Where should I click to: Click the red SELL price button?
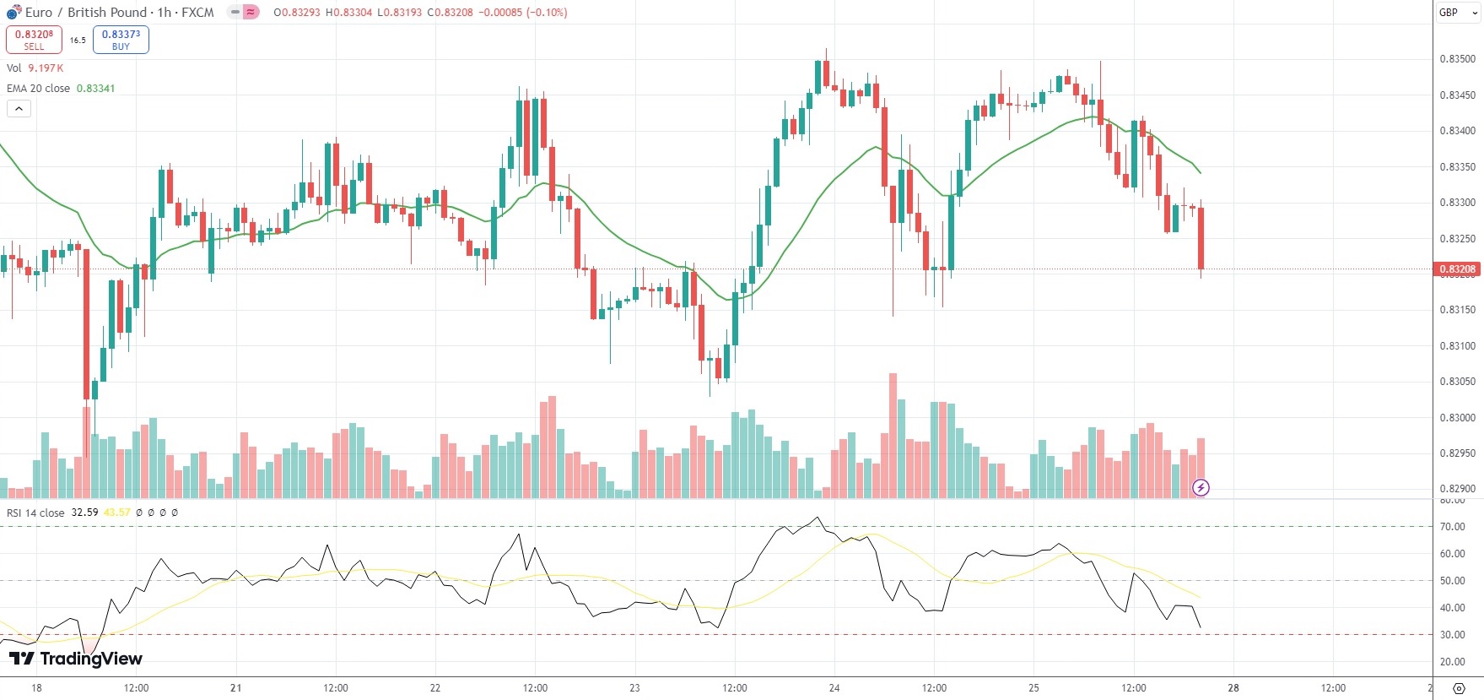click(x=34, y=40)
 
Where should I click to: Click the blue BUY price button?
click(x=121, y=40)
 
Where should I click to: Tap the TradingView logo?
click(x=76, y=659)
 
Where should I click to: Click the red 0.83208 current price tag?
click(x=1457, y=269)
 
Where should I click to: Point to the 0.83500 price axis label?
click(x=1457, y=59)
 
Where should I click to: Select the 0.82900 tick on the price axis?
click(x=1457, y=489)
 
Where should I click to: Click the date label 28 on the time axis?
click(x=1233, y=688)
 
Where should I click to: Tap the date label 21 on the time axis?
click(x=236, y=688)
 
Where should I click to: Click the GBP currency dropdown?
click(x=1458, y=13)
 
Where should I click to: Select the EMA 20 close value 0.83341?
click(x=95, y=89)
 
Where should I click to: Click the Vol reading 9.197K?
click(x=46, y=68)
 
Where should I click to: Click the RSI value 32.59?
click(x=84, y=513)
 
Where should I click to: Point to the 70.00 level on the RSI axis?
click(x=1452, y=527)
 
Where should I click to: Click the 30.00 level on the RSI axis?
click(x=1452, y=635)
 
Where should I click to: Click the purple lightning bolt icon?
click(x=1201, y=487)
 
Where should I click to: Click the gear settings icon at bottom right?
click(x=1459, y=688)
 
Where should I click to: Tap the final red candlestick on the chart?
click(x=1201, y=238)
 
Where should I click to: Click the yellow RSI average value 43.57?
click(x=117, y=513)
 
